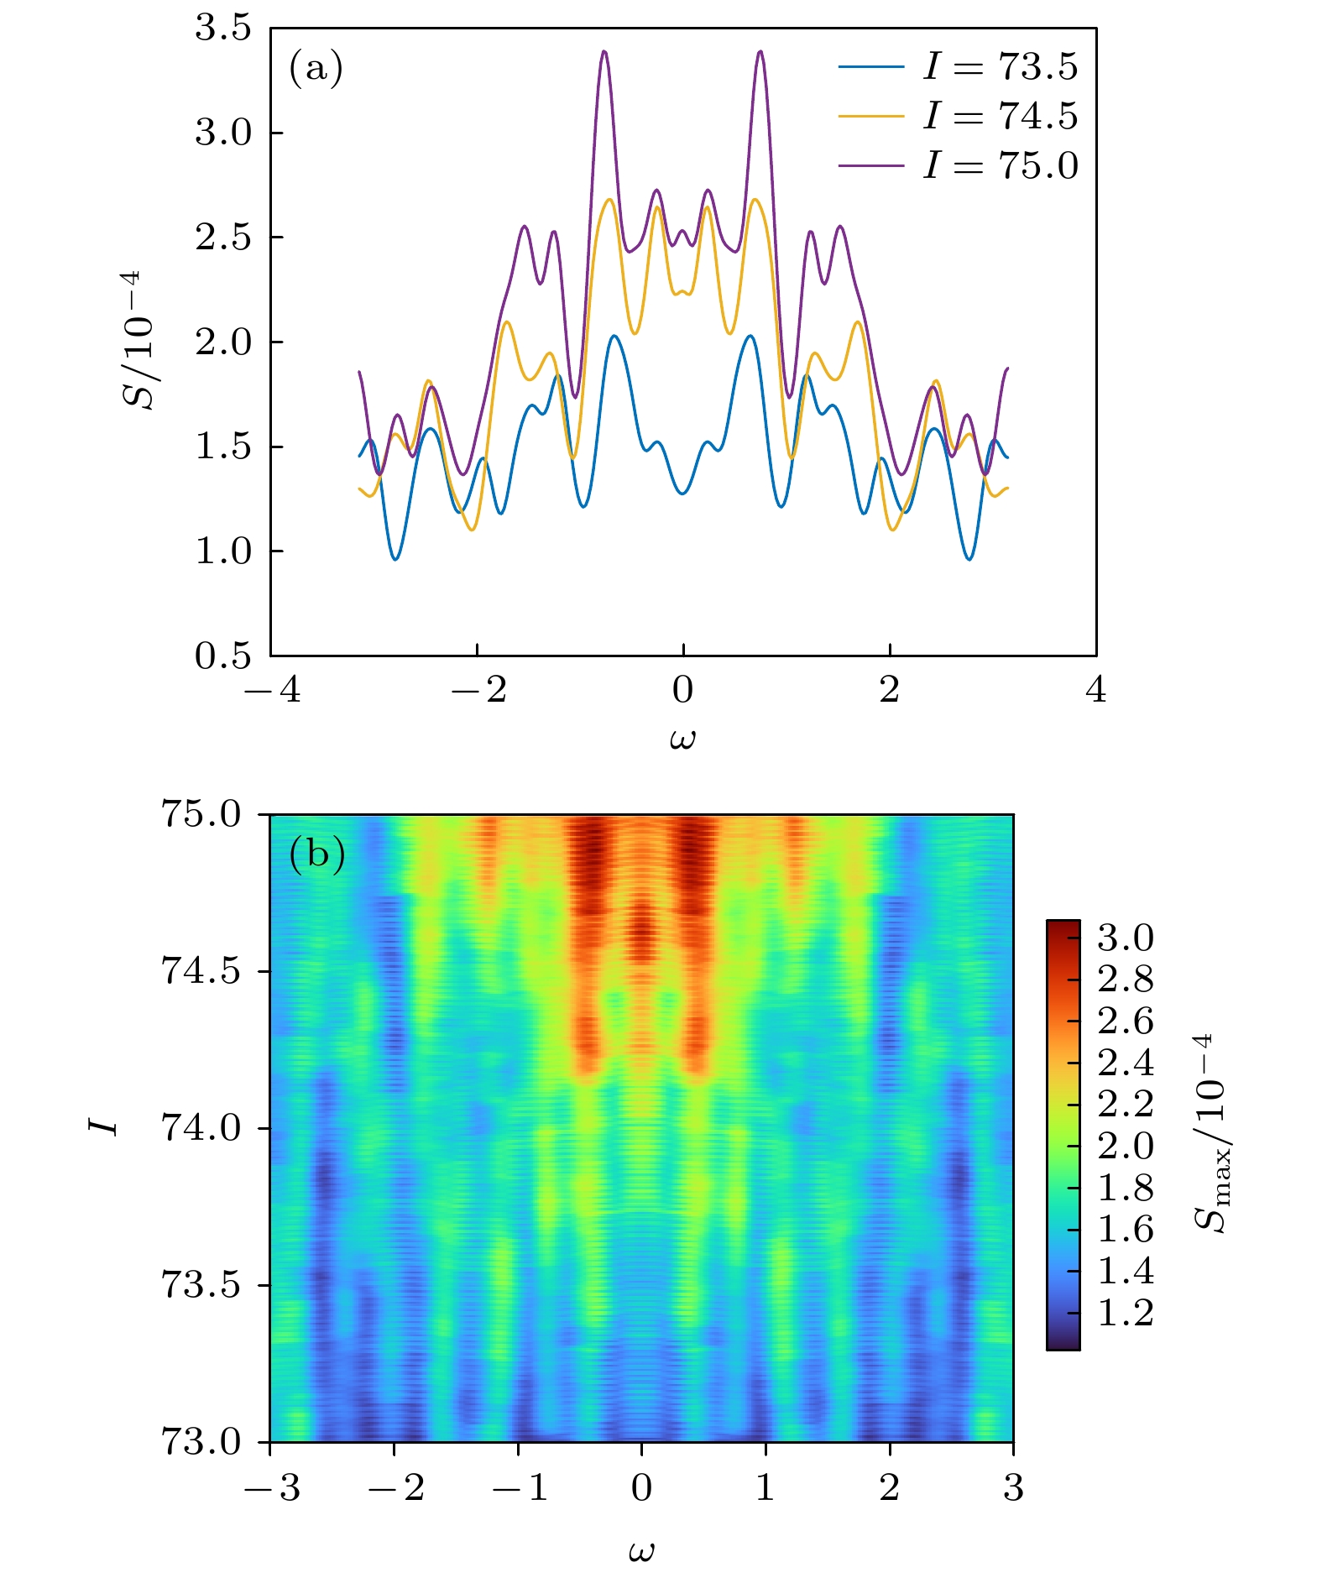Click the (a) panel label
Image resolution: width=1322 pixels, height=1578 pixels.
316,68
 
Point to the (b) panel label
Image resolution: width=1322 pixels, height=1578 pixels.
316,854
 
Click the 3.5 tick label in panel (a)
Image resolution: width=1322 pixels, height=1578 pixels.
223,29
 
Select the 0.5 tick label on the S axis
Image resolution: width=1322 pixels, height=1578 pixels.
223,656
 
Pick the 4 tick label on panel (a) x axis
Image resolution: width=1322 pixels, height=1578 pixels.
1095,691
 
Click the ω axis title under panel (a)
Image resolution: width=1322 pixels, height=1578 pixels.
682,739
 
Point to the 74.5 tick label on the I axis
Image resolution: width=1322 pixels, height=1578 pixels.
200,971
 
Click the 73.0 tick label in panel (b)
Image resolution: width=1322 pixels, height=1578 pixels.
200,1442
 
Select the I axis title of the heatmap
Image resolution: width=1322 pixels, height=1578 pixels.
104,1126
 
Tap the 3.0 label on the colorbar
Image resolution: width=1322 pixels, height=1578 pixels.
1126,938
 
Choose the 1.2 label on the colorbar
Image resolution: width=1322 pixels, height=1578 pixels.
1126,1313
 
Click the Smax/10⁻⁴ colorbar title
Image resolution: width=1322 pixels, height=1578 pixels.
1210,1132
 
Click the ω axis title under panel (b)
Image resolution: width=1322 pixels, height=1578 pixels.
641,1550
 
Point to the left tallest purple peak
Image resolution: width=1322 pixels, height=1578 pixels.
604,52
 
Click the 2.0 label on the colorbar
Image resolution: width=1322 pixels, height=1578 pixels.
1126,1146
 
